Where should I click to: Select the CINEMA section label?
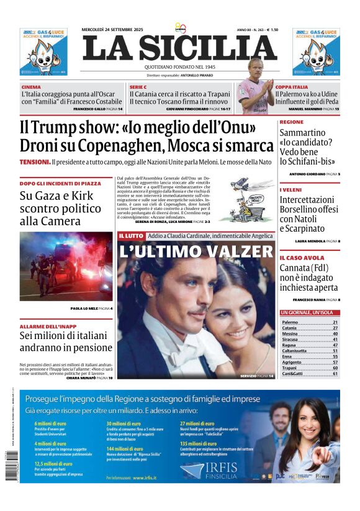tap(31, 87)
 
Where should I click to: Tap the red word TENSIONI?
tap(35, 162)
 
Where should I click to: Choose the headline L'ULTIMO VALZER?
tap(196, 251)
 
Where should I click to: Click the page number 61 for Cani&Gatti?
tap(335, 374)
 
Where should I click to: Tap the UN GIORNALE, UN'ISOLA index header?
tap(308, 312)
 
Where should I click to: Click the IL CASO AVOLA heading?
tap(302, 258)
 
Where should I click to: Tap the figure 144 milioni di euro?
tap(125, 448)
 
